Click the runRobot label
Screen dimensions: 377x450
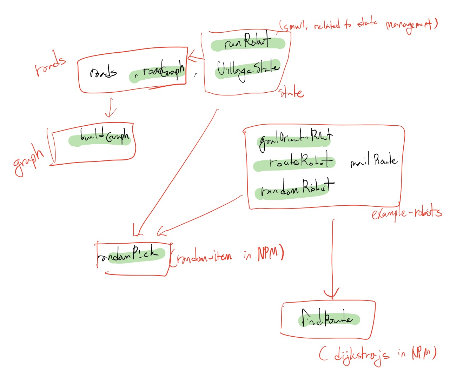(248, 42)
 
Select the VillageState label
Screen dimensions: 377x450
(248, 70)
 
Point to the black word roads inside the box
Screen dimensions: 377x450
(103, 73)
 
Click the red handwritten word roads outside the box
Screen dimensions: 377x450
(50, 64)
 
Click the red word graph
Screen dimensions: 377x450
(29, 160)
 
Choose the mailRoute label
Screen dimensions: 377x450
(373, 161)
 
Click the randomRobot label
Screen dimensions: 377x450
(297, 188)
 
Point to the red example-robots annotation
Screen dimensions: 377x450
(406, 212)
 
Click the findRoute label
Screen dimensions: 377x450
(327, 318)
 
